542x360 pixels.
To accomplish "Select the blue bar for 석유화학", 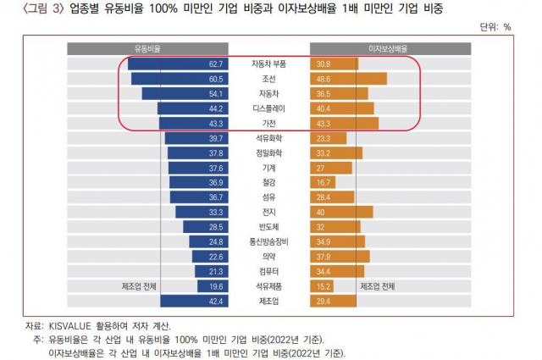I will [x=195, y=138].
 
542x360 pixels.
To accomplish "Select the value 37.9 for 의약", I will [x=324, y=257].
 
